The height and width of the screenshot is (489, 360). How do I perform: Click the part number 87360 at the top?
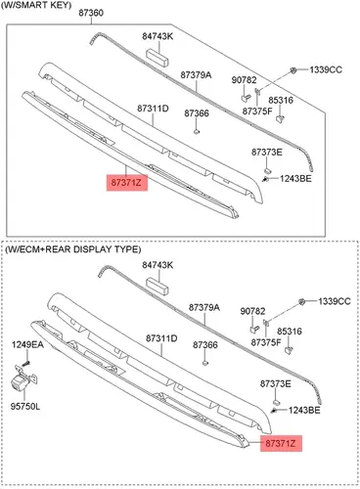pyautogui.click(x=91, y=13)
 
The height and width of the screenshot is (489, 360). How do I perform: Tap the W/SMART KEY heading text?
pyautogui.click(x=36, y=5)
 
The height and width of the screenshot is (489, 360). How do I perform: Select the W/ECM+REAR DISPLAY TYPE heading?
pyautogui.click(x=72, y=249)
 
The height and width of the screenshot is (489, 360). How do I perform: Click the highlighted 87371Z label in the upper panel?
pyautogui.click(x=127, y=183)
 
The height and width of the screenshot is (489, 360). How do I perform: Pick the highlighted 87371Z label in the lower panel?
pyautogui.click(x=281, y=443)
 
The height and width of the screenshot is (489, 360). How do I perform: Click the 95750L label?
pyautogui.click(x=25, y=407)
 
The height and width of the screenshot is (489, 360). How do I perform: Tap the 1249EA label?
pyautogui.click(x=27, y=344)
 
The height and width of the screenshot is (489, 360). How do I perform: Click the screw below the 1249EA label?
pyautogui.click(x=26, y=362)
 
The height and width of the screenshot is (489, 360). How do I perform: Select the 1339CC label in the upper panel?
pyautogui.click(x=326, y=69)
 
